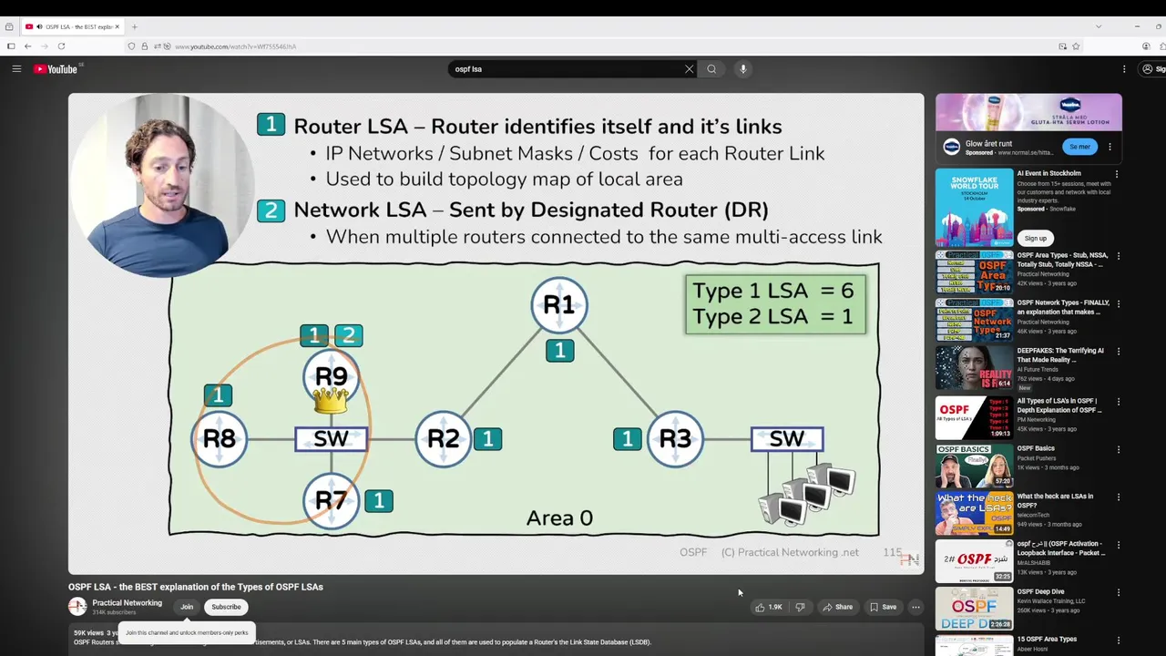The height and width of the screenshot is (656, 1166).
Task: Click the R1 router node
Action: click(x=559, y=305)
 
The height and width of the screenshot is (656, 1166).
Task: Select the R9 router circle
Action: click(x=332, y=375)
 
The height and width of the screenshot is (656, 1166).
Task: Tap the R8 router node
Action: click(x=220, y=439)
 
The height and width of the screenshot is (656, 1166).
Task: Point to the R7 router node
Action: click(x=332, y=500)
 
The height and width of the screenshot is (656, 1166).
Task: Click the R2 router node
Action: click(x=444, y=439)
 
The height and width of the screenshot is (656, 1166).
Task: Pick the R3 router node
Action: click(x=675, y=439)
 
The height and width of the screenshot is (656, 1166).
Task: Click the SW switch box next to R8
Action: click(x=332, y=439)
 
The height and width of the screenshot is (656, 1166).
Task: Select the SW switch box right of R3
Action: click(x=787, y=439)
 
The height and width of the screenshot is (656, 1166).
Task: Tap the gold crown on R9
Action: click(x=331, y=400)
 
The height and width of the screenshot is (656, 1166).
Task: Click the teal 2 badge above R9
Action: click(x=348, y=336)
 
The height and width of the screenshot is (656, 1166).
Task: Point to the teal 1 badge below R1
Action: click(x=560, y=350)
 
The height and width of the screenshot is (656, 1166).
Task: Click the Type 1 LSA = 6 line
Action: click(x=773, y=291)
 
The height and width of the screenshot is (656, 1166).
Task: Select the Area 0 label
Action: click(x=559, y=518)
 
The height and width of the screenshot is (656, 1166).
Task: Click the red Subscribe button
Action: click(x=226, y=607)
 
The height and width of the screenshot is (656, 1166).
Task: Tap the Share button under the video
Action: click(x=838, y=607)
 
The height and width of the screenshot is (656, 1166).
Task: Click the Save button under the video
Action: click(x=884, y=607)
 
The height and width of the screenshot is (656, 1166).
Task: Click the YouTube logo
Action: click(x=56, y=69)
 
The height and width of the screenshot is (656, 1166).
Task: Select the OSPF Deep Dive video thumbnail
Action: click(x=974, y=608)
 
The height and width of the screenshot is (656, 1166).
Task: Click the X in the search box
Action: click(x=690, y=69)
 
